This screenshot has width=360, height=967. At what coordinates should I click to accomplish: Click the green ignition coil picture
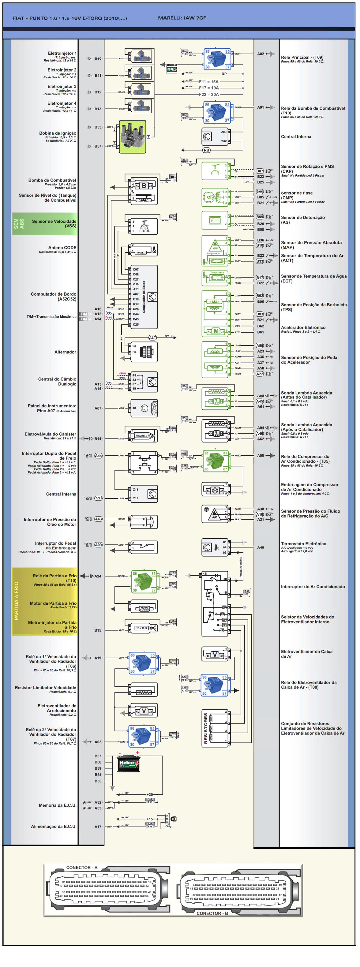(x=132, y=137)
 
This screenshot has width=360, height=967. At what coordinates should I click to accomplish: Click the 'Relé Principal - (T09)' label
(x=302, y=58)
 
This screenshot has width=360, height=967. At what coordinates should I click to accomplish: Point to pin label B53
(x=98, y=127)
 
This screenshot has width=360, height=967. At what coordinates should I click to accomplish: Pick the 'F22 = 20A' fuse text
(x=209, y=95)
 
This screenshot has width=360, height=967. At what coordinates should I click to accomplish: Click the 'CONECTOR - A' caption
(x=81, y=868)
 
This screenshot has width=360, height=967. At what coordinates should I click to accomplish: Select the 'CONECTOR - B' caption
(x=212, y=913)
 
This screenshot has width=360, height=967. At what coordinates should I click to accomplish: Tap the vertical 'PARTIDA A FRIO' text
(x=17, y=601)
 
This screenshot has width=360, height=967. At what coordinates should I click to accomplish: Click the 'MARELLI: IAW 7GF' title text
(x=182, y=18)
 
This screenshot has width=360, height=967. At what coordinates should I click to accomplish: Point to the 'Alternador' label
(x=65, y=352)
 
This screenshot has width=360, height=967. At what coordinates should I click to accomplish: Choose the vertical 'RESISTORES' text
(x=206, y=728)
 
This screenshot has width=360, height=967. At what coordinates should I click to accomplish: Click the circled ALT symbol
(x=152, y=338)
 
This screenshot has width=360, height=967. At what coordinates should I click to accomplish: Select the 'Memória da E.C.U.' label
(x=58, y=805)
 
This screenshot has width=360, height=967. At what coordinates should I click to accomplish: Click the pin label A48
(x=261, y=547)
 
